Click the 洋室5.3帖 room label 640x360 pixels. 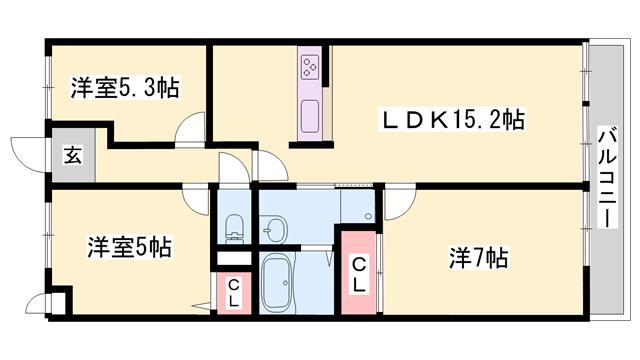point(125,89)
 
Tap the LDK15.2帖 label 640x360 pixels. point(449,121)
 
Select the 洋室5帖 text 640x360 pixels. point(129,246)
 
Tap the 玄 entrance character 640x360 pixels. point(73,155)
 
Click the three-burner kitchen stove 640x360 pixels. point(309,68)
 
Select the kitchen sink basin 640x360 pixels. point(309,109)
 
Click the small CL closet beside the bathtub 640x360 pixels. point(233,293)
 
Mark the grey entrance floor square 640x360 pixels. point(73,156)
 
